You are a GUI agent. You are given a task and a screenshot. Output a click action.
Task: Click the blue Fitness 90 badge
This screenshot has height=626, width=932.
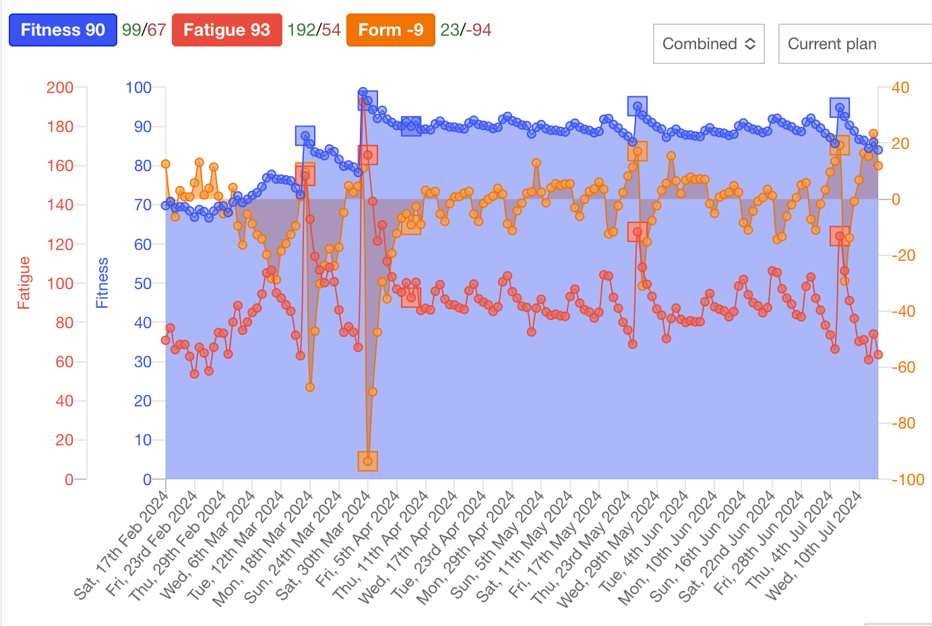[x=63, y=30]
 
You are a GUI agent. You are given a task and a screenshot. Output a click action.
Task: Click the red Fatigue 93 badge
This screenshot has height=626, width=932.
[x=226, y=30]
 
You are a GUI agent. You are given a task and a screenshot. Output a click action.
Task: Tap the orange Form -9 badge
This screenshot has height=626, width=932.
[x=390, y=30]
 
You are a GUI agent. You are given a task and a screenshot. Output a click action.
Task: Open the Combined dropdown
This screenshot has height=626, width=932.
[x=708, y=44]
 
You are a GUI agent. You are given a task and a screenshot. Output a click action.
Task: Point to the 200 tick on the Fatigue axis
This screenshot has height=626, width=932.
[x=60, y=88]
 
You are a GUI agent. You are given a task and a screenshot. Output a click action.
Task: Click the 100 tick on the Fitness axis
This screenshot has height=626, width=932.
[x=138, y=88]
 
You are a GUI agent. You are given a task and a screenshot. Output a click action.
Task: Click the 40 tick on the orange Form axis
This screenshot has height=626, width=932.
[x=900, y=88]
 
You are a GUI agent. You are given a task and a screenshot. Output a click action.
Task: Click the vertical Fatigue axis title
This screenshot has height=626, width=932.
[x=24, y=282]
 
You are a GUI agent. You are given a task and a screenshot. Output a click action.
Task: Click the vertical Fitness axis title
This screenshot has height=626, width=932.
[x=102, y=282]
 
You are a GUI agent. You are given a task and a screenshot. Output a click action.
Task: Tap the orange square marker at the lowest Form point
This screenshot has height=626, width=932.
[x=368, y=462]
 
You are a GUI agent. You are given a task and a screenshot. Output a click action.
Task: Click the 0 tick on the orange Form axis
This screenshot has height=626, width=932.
[x=896, y=199]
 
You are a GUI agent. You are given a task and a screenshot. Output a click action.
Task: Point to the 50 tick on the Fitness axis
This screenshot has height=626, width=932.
[x=142, y=284]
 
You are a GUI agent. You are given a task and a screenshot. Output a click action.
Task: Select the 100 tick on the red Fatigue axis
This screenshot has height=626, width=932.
[x=60, y=284]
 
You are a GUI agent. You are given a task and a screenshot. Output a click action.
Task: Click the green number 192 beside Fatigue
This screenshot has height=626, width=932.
[x=301, y=30]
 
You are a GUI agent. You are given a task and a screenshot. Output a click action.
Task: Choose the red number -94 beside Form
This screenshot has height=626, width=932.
[x=479, y=30]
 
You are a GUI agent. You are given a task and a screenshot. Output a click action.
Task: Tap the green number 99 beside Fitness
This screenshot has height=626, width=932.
[x=131, y=30]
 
